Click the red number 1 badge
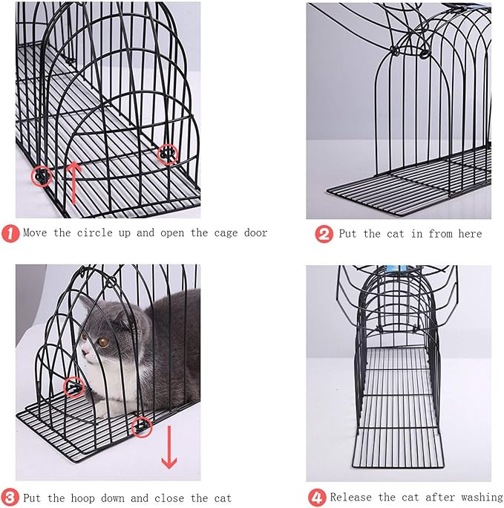point(10,233)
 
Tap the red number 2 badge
point(324,234)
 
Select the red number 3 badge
point(10,498)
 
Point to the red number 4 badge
point(317,498)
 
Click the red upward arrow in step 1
point(74,183)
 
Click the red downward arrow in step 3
point(169,447)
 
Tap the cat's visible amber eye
point(103,342)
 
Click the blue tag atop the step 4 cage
point(399,269)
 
